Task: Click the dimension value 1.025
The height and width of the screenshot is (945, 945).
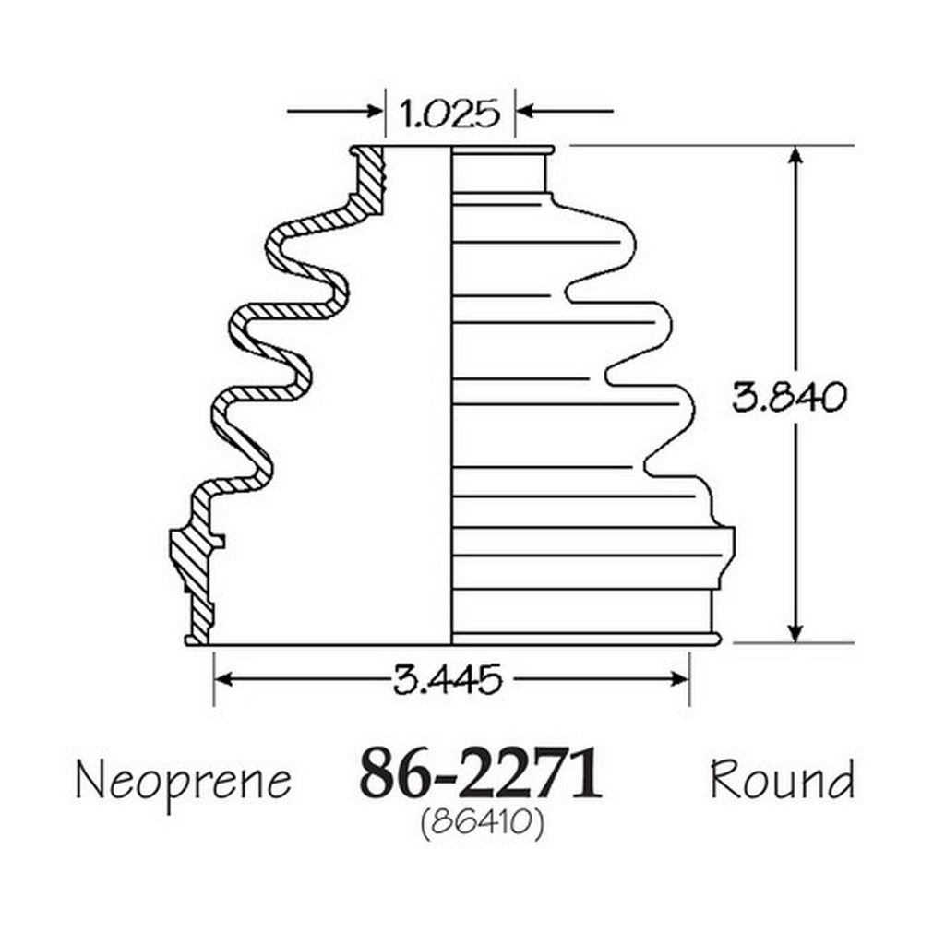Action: [x=449, y=113]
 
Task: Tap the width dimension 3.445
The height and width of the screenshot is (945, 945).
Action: [x=448, y=679]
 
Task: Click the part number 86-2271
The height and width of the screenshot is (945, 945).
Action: [x=480, y=774]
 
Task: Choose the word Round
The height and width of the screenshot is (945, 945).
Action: [x=783, y=779]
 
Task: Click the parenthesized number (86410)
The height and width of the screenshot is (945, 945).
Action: [x=482, y=823]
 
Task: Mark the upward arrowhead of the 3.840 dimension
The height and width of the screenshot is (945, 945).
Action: [x=795, y=155]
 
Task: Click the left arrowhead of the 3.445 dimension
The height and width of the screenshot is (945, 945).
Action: [x=224, y=680]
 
